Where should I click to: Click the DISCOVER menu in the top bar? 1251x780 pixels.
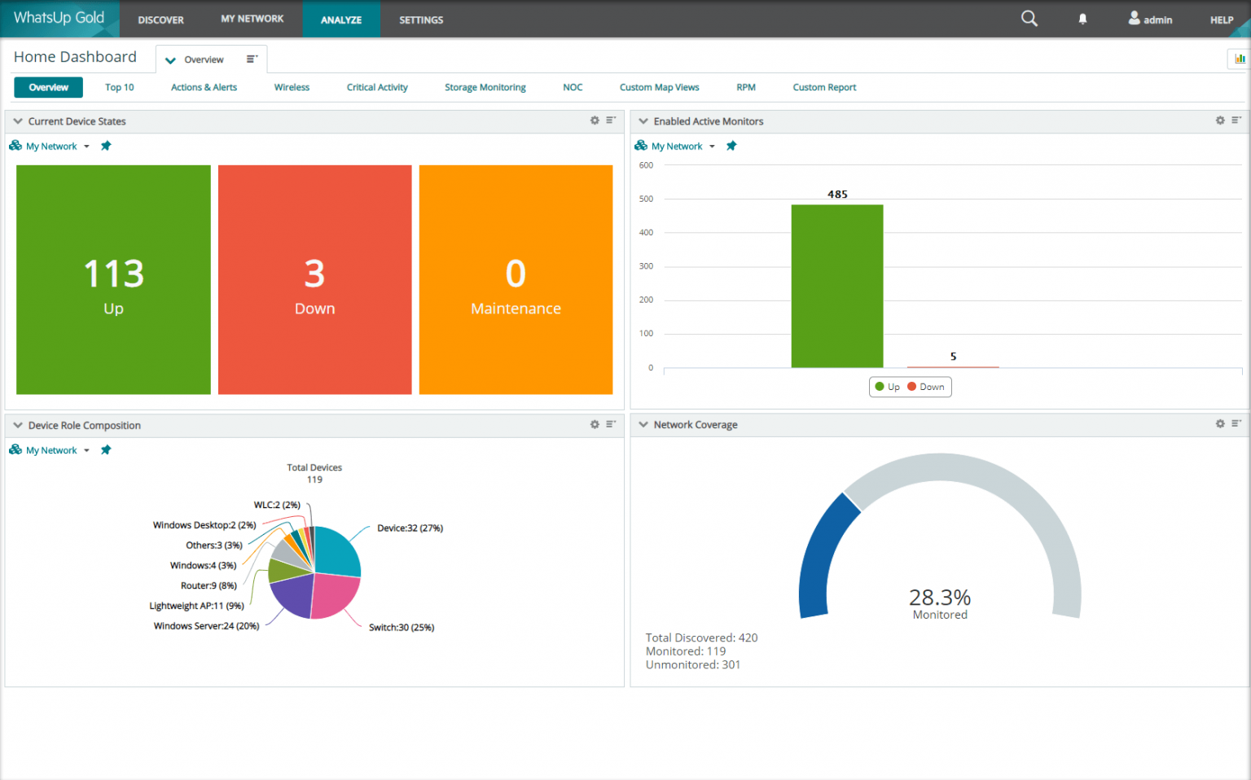pos(160,20)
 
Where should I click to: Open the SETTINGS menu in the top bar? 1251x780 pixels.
pos(421,20)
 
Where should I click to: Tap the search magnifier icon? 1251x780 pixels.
pos(1029,19)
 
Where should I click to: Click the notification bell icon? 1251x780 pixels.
pos(1082,19)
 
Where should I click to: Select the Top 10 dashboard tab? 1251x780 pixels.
pos(119,87)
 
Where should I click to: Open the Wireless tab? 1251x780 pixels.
pos(292,87)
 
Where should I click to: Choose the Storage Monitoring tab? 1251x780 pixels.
pos(485,87)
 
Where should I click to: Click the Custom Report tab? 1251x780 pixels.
pos(824,87)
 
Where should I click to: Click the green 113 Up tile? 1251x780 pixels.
pos(113,279)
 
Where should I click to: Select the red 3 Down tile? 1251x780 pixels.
pos(314,279)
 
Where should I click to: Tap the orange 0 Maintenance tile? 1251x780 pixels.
pos(516,279)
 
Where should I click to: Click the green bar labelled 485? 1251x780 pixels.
pos(837,286)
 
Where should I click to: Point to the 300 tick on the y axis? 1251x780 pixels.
pos(646,266)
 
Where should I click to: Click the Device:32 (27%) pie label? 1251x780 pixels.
pos(410,528)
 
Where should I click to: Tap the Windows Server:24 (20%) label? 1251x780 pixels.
pos(206,626)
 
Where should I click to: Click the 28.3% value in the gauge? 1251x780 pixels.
pos(940,598)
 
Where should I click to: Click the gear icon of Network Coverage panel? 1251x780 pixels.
pos(1220,424)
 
